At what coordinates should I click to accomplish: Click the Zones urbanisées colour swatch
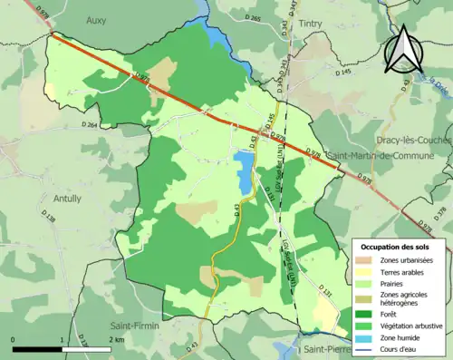366,260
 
